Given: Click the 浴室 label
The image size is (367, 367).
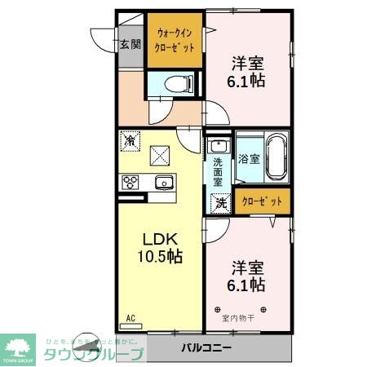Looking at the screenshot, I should (x=249, y=159).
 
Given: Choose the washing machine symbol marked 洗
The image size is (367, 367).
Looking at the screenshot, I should (x=219, y=202).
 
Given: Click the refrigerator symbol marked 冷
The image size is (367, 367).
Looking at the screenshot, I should (x=130, y=141).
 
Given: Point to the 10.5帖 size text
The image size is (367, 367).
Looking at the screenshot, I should (x=161, y=257).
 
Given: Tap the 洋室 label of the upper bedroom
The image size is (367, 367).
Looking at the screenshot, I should (x=246, y=64).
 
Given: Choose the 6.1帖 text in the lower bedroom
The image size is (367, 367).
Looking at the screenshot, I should (x=246, y=285).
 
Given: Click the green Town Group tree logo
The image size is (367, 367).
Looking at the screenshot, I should (x=17, y=343).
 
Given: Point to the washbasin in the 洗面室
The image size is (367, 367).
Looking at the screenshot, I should (x=217, y=146).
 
